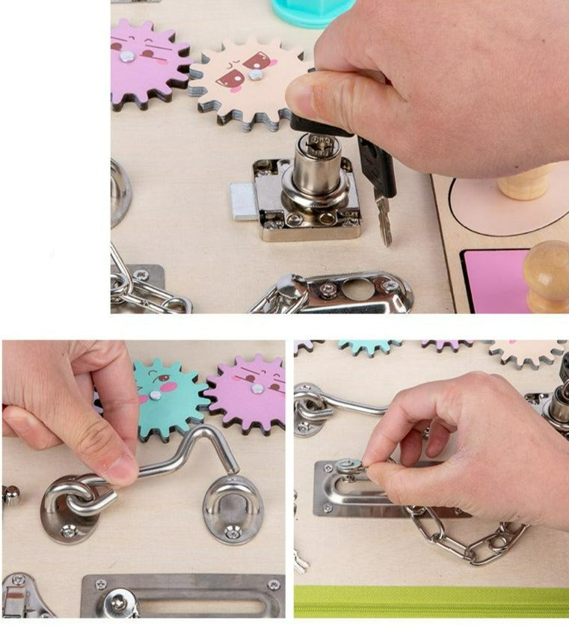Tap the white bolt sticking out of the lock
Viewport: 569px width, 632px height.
[x=242, y=202]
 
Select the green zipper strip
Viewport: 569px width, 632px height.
[x=431, y=601]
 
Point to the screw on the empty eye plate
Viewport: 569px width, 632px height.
[x=233, y=532]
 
